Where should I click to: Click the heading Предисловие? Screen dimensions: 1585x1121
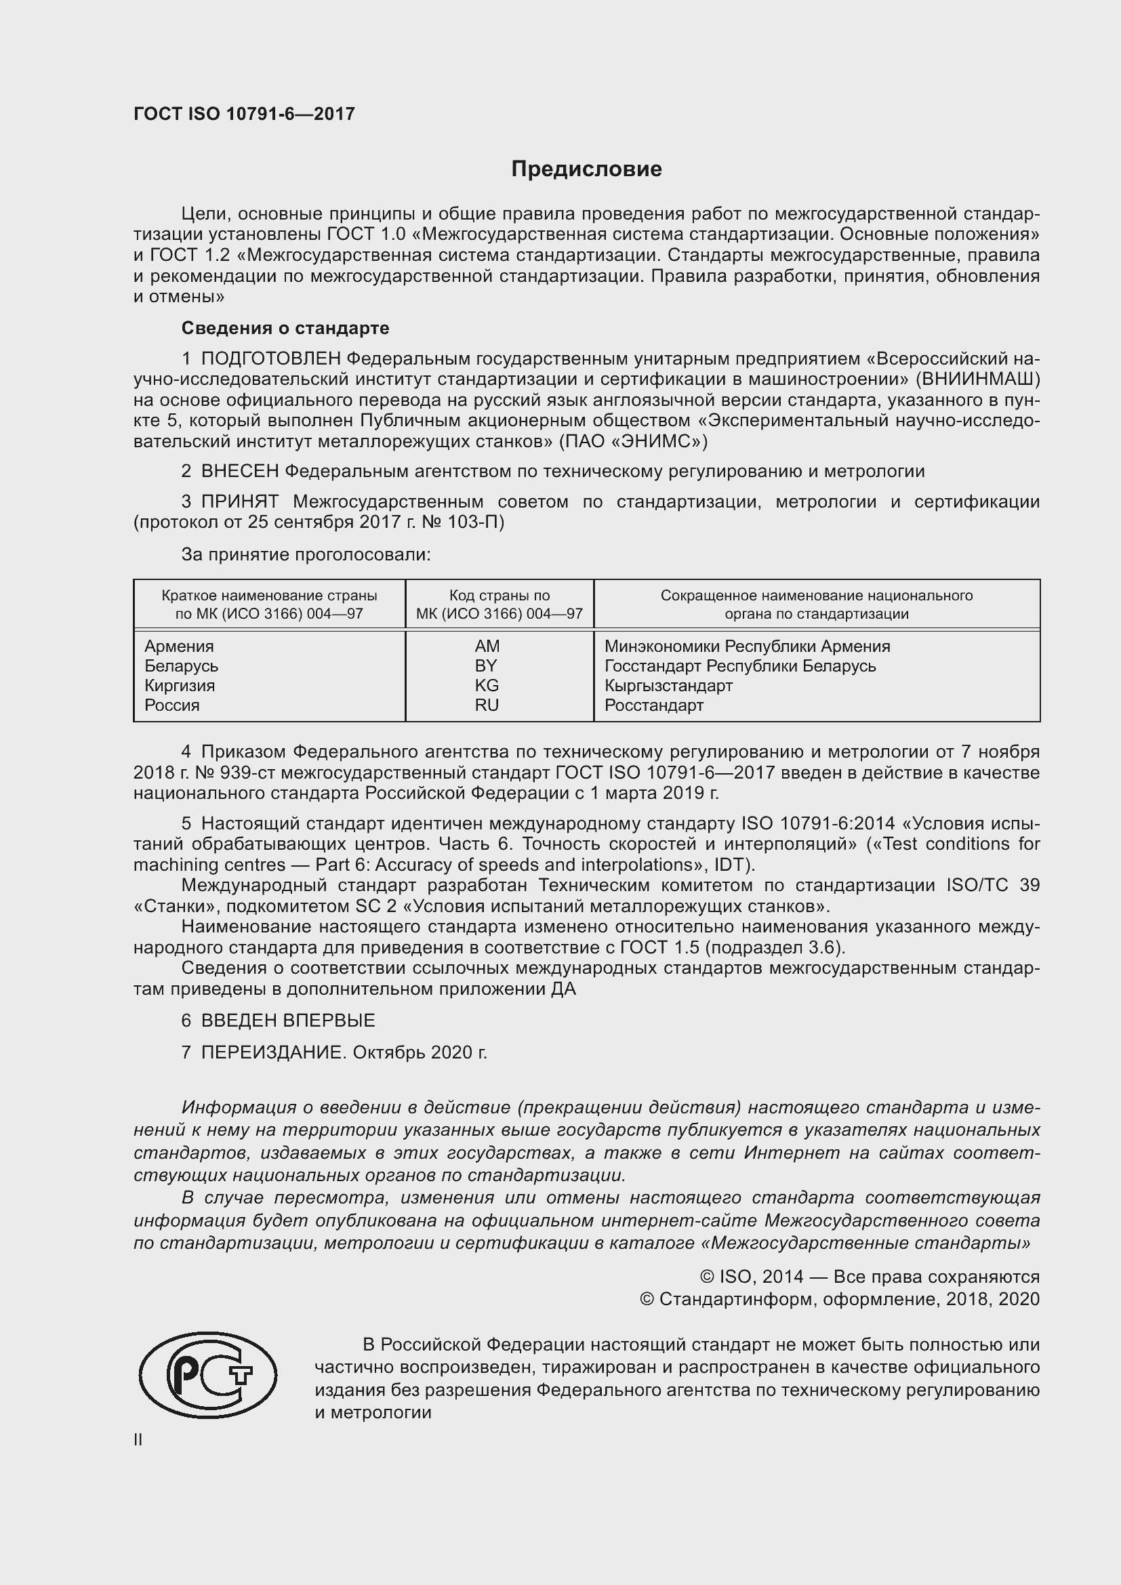(x=586, y=169)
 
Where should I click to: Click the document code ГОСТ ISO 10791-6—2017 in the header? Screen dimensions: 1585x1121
(x=244, y=114)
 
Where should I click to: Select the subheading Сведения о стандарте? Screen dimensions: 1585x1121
(x=285, y=328)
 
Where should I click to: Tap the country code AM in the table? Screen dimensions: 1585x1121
(x=487, y=646)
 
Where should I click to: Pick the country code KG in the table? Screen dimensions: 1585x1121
(x=487, y=686)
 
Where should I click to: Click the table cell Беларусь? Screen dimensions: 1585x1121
(x=181, y=666)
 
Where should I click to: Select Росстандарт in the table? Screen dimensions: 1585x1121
(x=653, y=705)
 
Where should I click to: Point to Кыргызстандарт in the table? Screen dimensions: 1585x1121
(x=668, y=686)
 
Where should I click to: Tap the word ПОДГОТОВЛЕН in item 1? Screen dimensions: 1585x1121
(x=270, y=358)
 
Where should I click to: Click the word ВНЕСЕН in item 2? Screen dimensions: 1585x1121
(x=239, y=472)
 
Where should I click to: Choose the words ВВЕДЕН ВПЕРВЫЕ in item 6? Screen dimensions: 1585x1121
(x=288, y=1021)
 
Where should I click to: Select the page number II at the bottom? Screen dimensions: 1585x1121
(x=138, y=1439)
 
